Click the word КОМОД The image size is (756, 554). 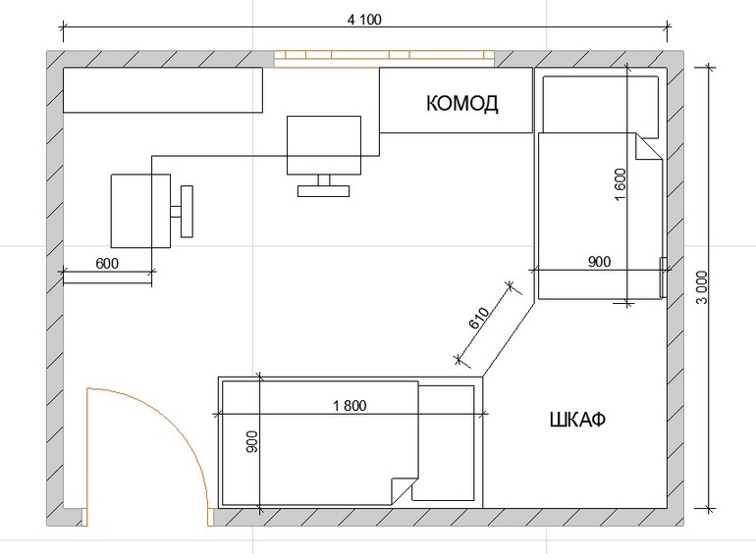click(x=461, y=104)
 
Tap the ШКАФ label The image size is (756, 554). click(x=577, y=420)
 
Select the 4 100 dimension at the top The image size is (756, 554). click(x=364, y=20)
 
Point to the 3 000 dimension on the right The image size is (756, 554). click(x=702, y=288)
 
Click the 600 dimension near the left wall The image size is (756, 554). click(x=107, y=264)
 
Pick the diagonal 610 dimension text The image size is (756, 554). click(x=479, y=318)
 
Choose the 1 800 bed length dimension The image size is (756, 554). click(x=350, y=406)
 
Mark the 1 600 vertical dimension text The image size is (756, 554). click(x=621, y=184)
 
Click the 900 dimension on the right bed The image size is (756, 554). click(x=599, y=262)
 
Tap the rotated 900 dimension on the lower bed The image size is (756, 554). click(x=251, y=441)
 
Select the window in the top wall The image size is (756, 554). click(x=385, y=59)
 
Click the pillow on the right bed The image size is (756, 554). click(x=601, y=105)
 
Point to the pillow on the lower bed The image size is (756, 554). click(x=444, y=442)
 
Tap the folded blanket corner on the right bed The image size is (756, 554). click(x=648, y=147)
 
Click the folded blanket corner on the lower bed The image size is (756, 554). click(x=405, y=491)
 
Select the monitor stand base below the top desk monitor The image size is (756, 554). click(x=324, y=191)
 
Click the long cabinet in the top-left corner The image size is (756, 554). click(x=163, y=90)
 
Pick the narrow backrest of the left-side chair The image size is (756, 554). click(x=187, y=211)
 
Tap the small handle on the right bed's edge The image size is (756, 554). click(x=663, y=277)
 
